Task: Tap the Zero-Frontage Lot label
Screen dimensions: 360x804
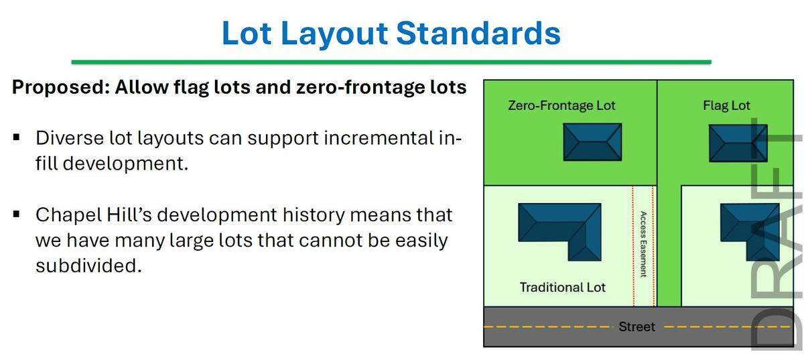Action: coord(561,105)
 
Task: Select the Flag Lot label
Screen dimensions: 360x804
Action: coord(726,105)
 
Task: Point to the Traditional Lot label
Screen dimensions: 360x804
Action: coord(562,287)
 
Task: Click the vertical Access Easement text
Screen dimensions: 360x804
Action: coord(643,244)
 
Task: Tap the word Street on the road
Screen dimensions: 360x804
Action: coord(636,326)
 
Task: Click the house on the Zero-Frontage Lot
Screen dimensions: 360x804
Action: coord(592,141)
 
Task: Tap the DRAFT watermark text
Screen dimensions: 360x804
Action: coord(777,235)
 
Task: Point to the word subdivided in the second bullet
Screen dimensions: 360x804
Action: coord(88,265)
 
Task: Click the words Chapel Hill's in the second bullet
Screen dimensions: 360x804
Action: coord(87,215)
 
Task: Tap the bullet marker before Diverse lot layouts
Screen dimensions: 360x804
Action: coord(16,139)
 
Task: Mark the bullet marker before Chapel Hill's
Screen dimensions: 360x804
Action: coord(16,215)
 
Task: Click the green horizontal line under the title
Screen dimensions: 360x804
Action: coord(391,62)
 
